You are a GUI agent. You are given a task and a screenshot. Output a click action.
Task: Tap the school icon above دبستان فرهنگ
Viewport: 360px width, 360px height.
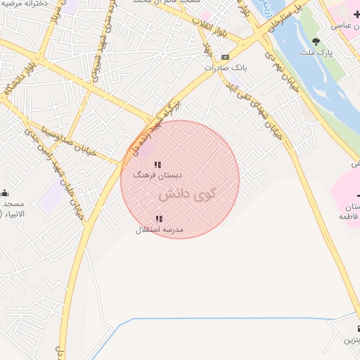tap(157, 165)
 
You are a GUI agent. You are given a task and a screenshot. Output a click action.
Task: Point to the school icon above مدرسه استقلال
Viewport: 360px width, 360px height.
tap(159, 219)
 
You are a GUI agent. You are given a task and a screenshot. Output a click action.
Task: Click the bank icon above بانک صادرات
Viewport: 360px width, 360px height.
tap(225, 57)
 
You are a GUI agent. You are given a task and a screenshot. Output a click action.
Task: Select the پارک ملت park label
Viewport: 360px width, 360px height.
tap(316, 53)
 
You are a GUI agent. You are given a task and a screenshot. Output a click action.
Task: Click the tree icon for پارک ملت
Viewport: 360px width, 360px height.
tap(316, 41)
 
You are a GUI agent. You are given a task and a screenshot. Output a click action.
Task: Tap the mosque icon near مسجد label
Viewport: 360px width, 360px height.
tap(5, 193)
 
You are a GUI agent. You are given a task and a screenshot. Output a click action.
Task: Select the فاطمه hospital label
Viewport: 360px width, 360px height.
tap(349, 217)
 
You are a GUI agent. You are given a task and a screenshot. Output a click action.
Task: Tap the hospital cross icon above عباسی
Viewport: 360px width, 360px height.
tap(356, 14)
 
